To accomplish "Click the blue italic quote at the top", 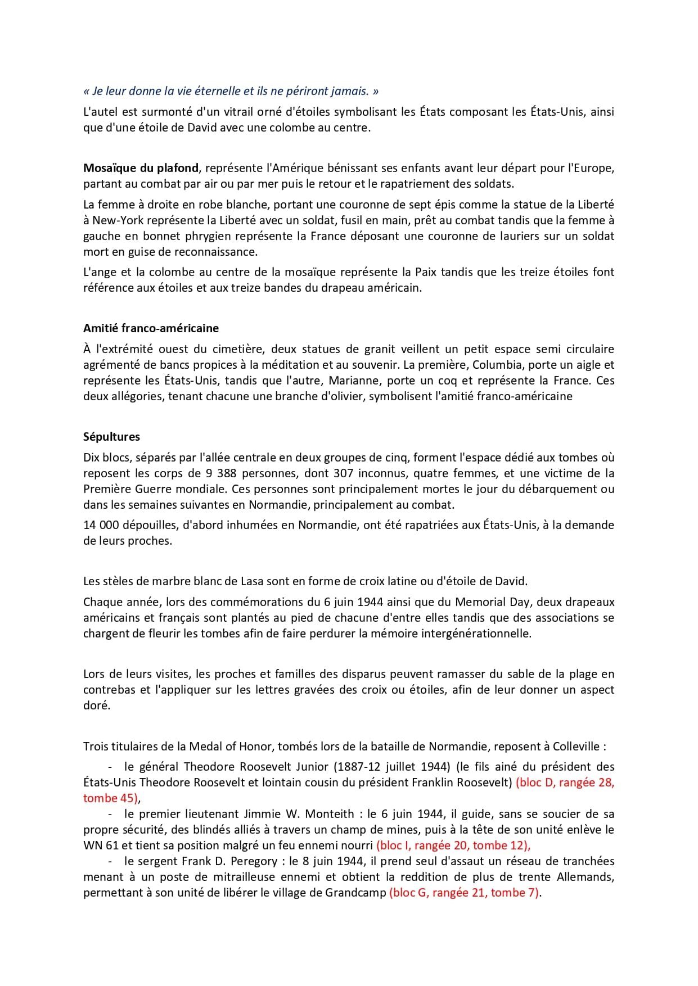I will [231, 91].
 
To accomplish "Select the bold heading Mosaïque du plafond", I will [141, 168].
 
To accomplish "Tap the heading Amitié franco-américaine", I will [151, 328].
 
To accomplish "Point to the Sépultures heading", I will [111, 437].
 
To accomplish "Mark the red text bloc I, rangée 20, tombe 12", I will [453, 845].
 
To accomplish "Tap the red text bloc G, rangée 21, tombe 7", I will [465, 893].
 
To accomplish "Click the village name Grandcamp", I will [355, 893].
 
